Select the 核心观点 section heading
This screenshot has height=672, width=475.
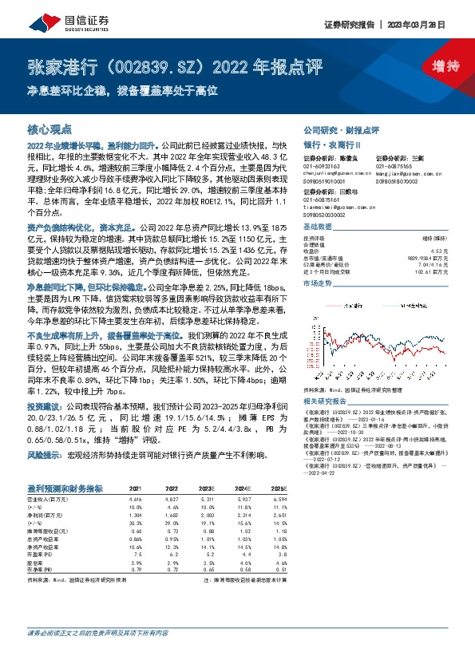point(49,128)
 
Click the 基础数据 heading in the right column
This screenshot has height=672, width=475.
point(319,227)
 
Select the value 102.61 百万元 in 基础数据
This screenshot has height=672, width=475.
point(430,271)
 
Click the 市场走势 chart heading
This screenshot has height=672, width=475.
point(319,284)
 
